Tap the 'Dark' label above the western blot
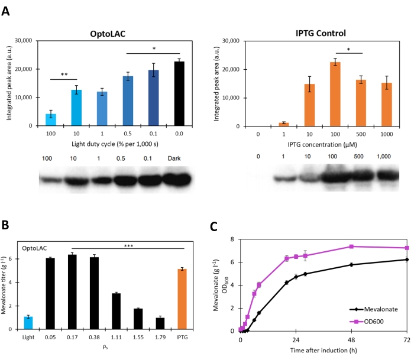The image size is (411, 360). click(179, 157)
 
